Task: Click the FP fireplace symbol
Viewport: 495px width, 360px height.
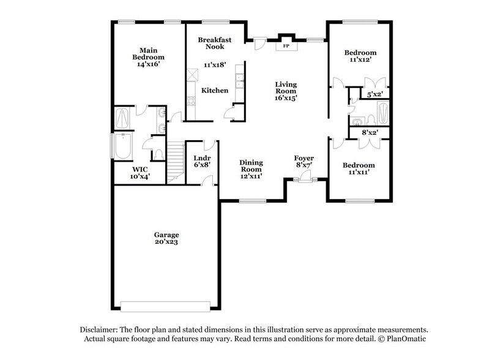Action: point(286,45)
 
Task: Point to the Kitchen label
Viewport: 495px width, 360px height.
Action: point(215,91)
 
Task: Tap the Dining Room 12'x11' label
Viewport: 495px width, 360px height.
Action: point(251,169)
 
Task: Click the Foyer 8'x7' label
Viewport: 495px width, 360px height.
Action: point(304,162)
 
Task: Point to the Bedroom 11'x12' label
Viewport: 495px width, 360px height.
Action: point(359,57)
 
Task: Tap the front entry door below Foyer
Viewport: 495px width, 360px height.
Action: point(304,179)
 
